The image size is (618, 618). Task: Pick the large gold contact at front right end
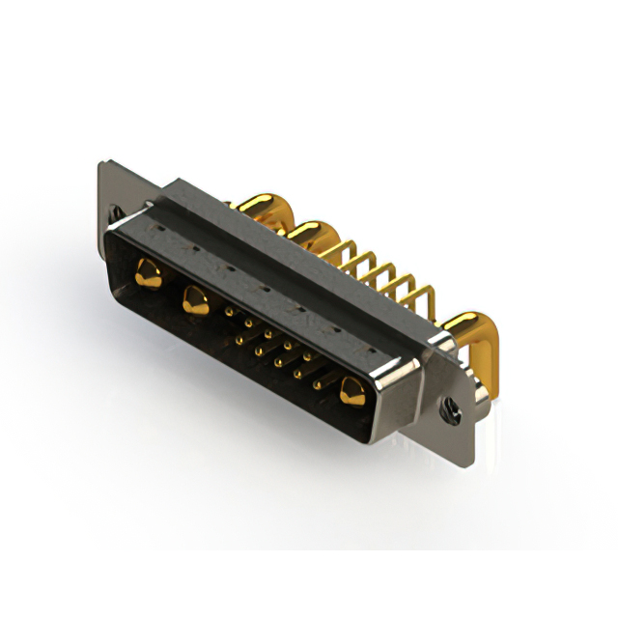pyautogui.click(x=351, y=391)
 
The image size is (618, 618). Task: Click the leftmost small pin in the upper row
pyautogui.click(x=228, y=312)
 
